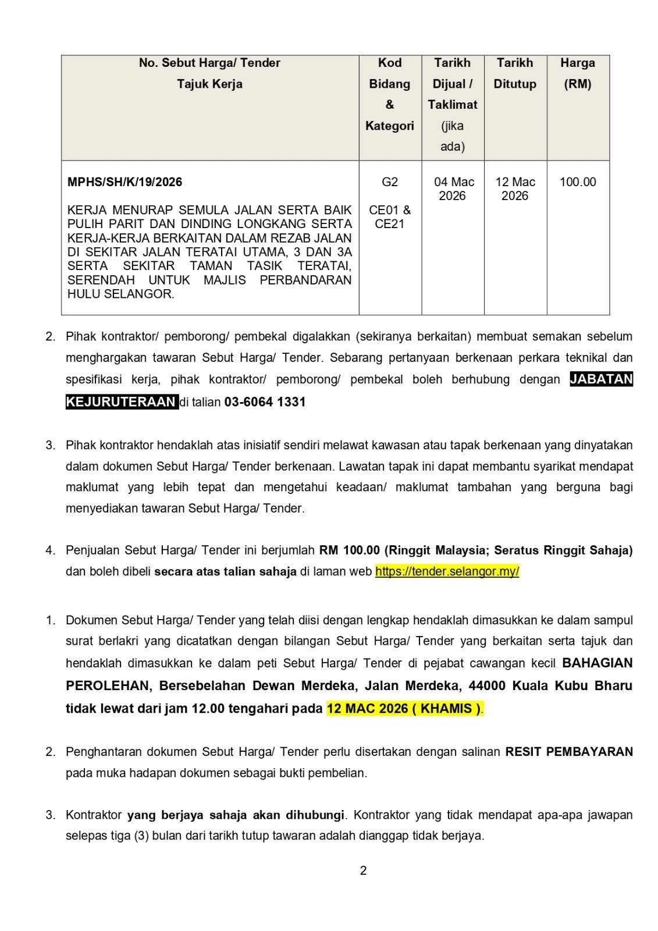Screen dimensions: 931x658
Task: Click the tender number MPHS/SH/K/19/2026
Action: pyautogui.click(x=125, y=182)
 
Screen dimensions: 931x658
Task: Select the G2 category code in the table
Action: pyautogui.click(x=389, y=182)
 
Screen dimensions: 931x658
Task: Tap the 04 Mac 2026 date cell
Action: pyautogui.click(x=453, y=189)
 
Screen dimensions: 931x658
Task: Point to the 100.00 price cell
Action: pyautogui.click(x=577, y=182)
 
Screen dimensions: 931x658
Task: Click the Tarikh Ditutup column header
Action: pyautogui.click(x=515, y=73)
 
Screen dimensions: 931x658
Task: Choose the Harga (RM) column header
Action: pyautogui.click(x=577, y=73)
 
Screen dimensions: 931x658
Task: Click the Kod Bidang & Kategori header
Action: pyautogui.click(x=389, y=94)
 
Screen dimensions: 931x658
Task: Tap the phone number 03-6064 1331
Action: pyautogui.click(x=265, y=402)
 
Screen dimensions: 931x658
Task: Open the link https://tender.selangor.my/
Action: pyautogui.click(x=447, y=571)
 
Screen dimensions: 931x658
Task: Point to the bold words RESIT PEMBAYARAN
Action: pyautogui.click(x=568, y=752)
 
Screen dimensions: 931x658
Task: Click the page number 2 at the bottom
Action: pyautogui.click(x=363, y=871)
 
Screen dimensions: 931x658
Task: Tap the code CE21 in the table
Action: pyautogui.click(x=389, y=224)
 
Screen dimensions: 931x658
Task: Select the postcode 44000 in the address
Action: pyautogui.click(x=487, y=686)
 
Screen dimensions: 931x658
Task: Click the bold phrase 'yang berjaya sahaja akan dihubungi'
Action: pyautogui.click(x=236, y=815)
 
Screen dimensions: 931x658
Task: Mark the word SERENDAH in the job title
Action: pyautogui.click(x=101, y=280)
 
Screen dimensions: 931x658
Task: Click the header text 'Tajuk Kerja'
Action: pyautogui.click(x=209, y=84)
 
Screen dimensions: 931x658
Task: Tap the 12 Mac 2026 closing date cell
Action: pyautogui.click(x=515, y=189)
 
